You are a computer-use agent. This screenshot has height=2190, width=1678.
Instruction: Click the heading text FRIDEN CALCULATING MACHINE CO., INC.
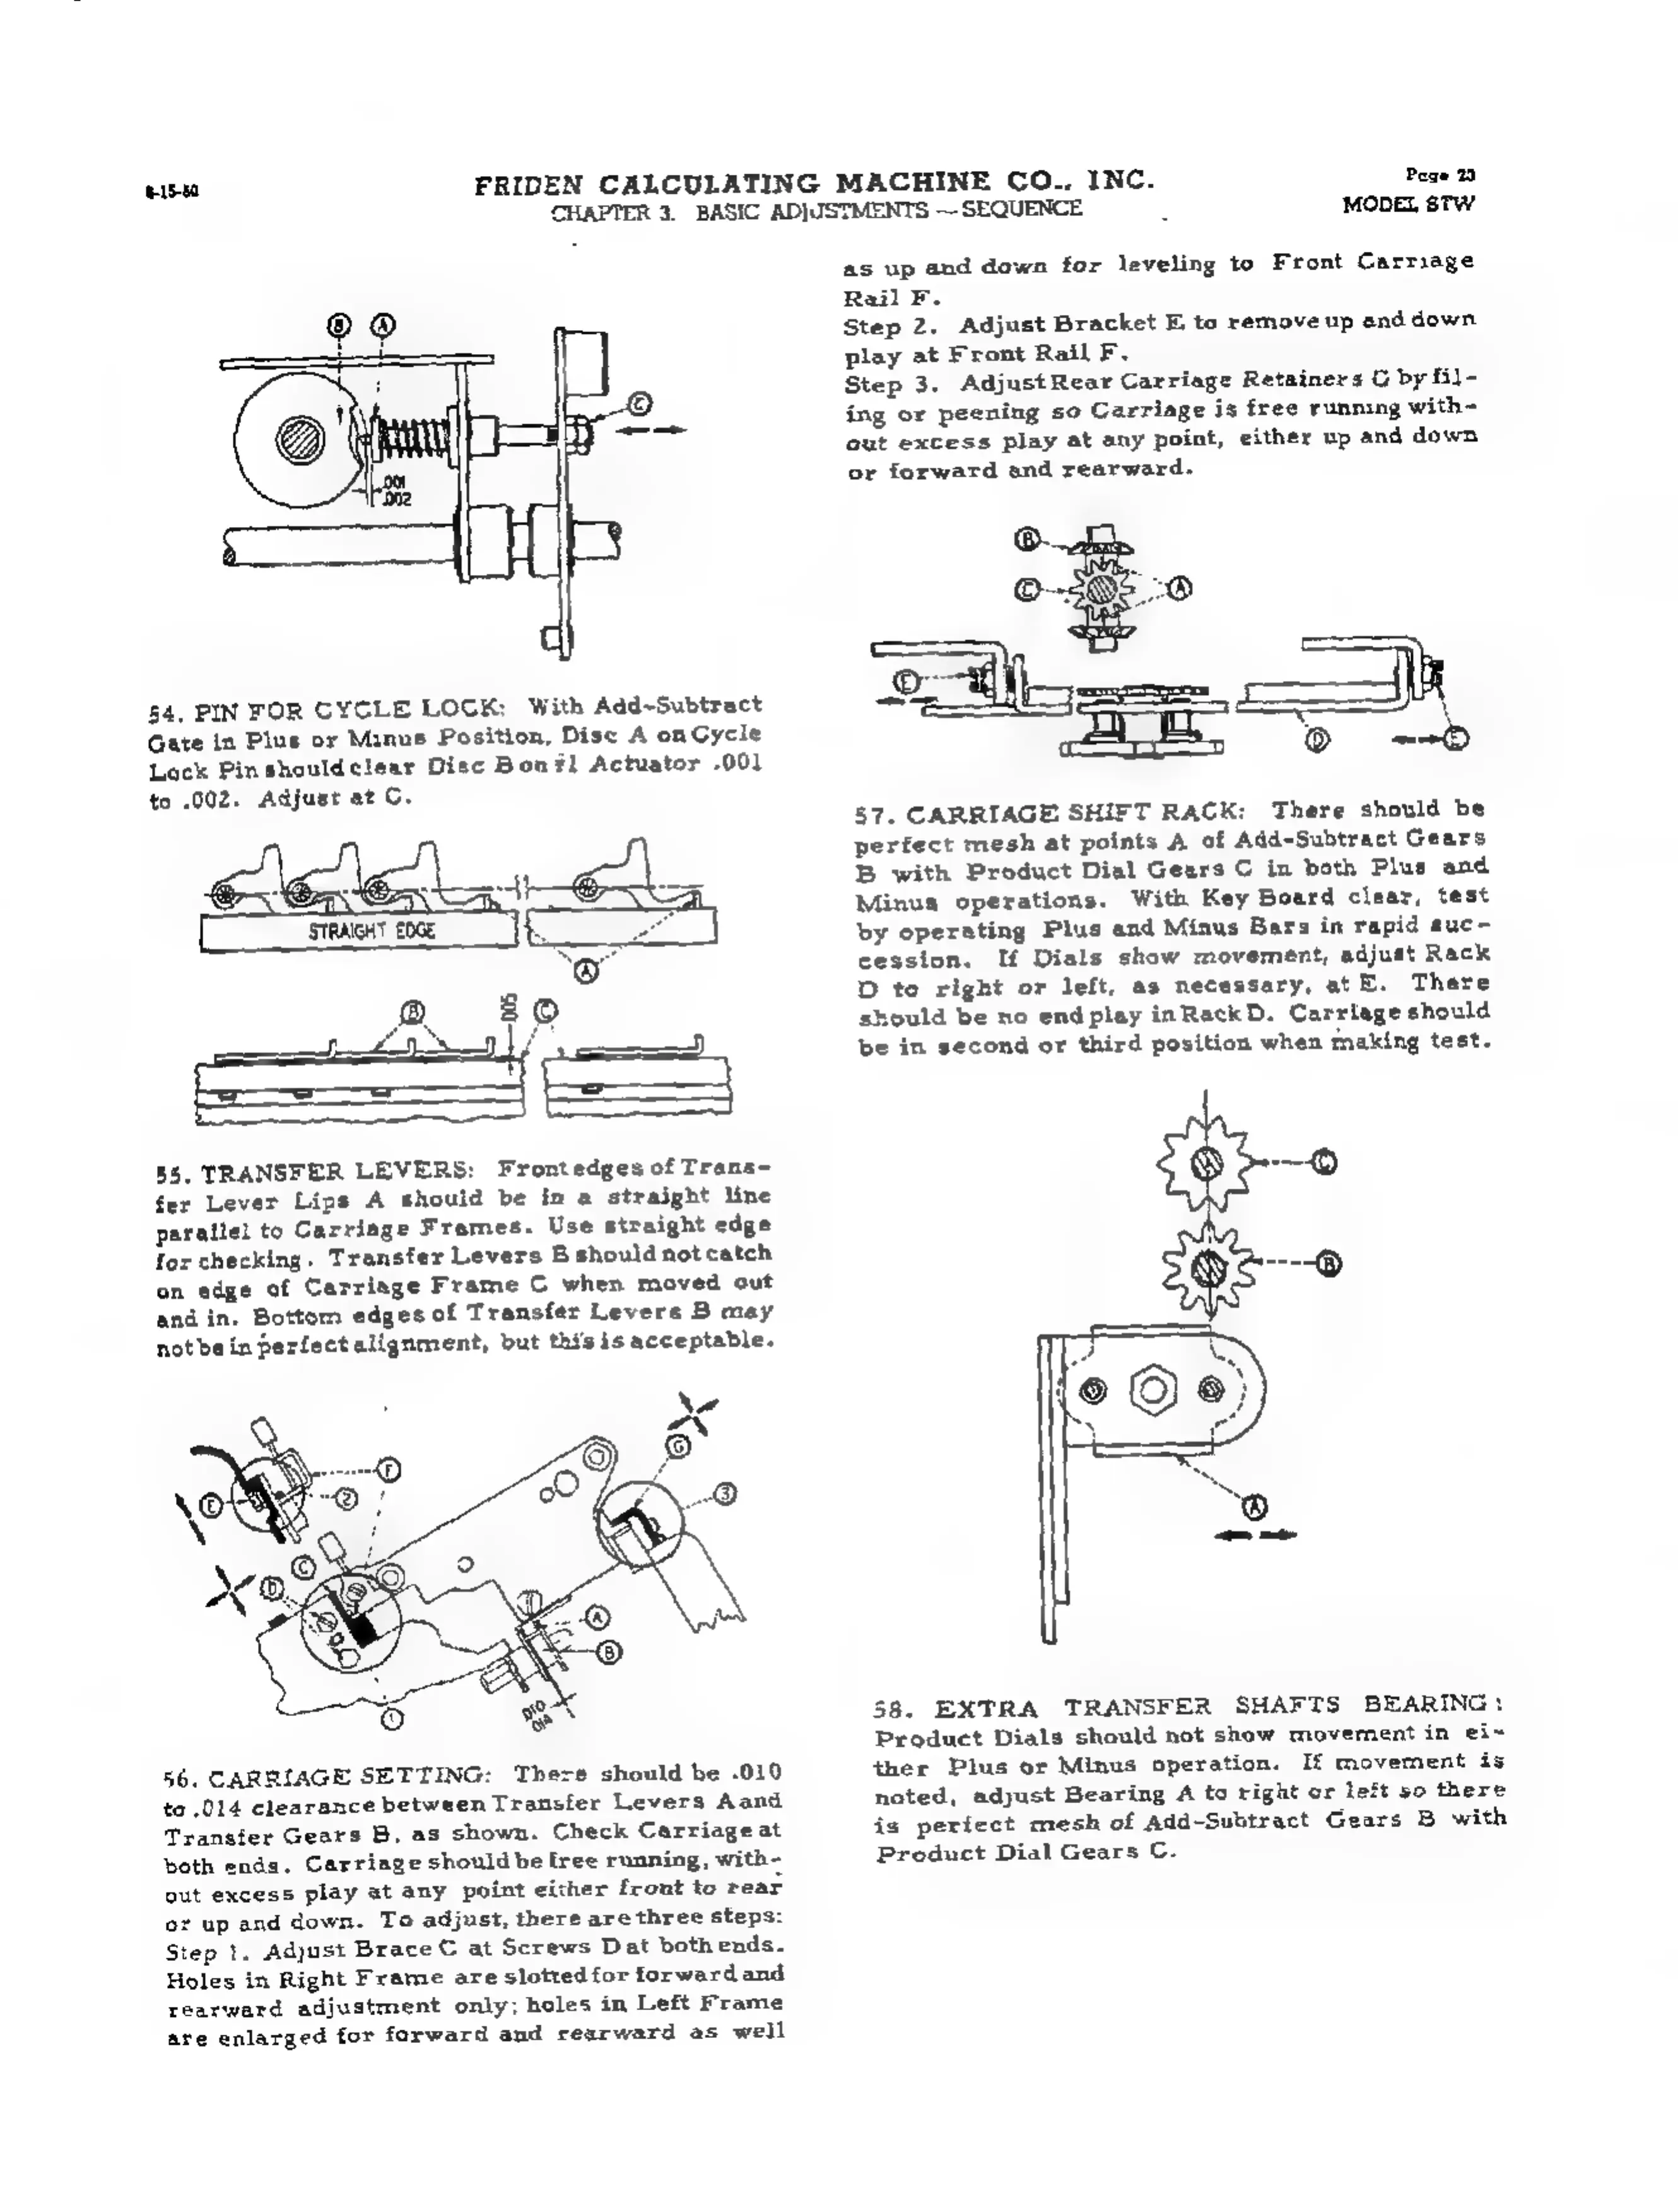pos(813,184)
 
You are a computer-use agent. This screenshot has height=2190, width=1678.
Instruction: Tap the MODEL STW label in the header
pos(1408,206)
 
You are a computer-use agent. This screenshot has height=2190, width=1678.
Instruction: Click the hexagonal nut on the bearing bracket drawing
pos(1153,1390)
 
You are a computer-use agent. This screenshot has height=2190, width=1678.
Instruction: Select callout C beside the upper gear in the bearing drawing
pos(1325,1163)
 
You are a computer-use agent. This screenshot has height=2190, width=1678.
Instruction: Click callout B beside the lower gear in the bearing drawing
pos(1329,1264)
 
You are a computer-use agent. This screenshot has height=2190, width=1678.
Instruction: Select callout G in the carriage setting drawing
pos(678,1446)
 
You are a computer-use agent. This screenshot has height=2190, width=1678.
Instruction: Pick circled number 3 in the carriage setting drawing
pos(726,1495)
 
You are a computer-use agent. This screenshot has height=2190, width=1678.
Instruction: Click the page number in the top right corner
pos(1440,176)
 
